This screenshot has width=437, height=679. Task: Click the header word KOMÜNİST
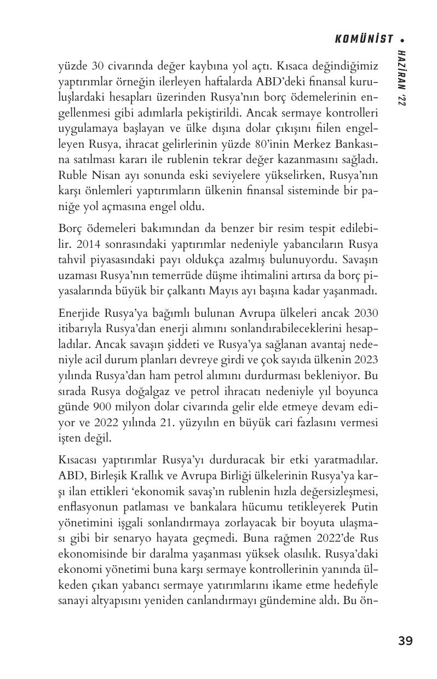tap(364, 39)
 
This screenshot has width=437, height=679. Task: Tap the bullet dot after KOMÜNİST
tap(403, 39)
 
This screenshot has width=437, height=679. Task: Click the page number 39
tap(405, 641)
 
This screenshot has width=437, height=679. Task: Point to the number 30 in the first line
tap(97, 66)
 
